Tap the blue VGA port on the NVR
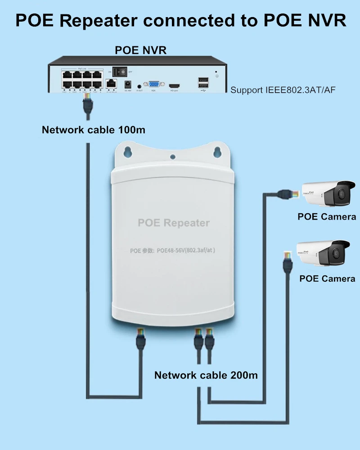pyautogui.click(x=153, y=85)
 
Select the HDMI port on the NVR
pyautogui.click(x=174, y=85)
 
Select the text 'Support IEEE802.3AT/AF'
pyautogui.click(x=283, y=90)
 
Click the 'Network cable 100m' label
pyautogui.click(x=94, y=130)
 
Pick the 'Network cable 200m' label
pyautogui.click(x=206, y=375)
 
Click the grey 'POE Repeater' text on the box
pyautogui.click(x=173, y=223)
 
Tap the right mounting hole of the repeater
pyautogui.click(x=218, y=151)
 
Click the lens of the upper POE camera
pyautogui.click(x=341, y=194)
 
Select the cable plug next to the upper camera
pyautogui.click(x=287, y=193)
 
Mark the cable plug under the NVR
pyautogui.click(x=87, y=104)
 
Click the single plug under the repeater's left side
pyautogui.click(x=140, y=340)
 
